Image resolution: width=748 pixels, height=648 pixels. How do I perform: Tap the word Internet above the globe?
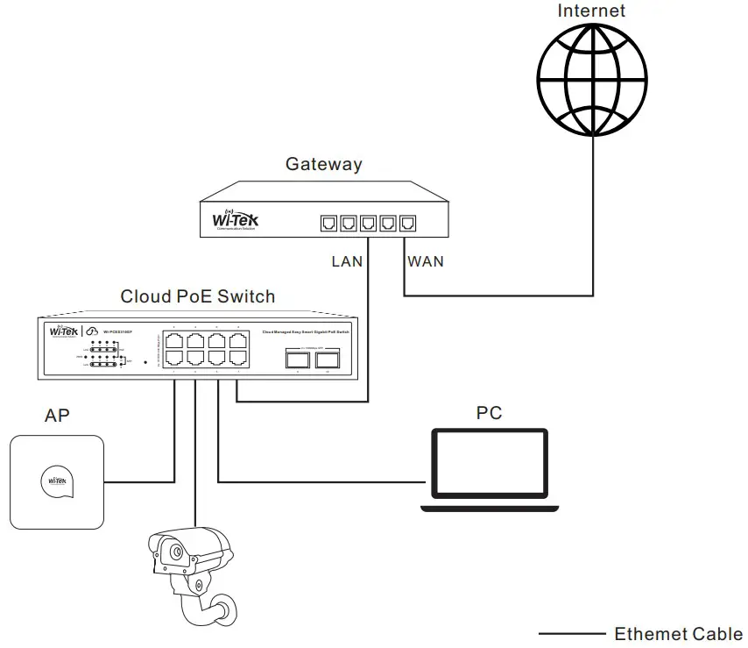click(x=592, y=11)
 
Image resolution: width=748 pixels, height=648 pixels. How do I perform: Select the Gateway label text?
click(x=323, y=164)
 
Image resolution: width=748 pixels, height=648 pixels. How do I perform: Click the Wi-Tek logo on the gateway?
click(x=236, y=219)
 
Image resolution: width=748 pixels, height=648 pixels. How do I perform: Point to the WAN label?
click(x=425, y=261)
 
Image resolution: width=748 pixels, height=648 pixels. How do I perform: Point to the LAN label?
click(x=347, y=261)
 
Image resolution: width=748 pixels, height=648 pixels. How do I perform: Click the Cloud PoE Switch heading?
click(x=197, y=296)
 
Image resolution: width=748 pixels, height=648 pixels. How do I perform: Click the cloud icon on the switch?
click(x=91, y=332)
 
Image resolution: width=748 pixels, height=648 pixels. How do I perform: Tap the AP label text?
click(x=56, y=416)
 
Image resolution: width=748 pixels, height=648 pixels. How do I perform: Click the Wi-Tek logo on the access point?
click(x=57, y=481)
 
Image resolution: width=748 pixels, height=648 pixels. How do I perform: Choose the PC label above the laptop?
click(x=489, y=412)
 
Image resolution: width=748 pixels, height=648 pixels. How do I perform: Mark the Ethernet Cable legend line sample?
click(x=571, y=633)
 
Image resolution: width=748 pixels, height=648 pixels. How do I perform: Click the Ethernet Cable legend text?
click(x=678, y=633)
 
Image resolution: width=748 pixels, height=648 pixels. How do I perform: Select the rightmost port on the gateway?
click(x=407, y=223)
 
